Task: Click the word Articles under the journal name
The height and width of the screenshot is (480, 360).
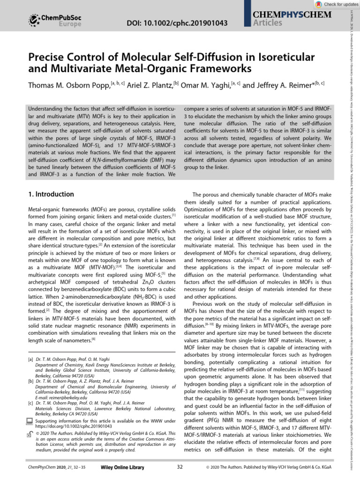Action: pos(268,23)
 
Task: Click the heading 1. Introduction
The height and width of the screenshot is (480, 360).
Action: pos(51,194)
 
